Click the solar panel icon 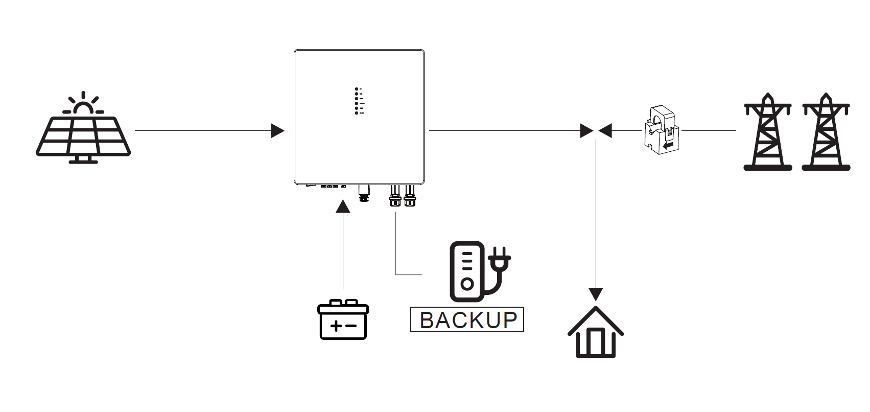coord(83,137)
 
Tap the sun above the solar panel coord(83,106)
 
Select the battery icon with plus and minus coord(343,320)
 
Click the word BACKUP coord(467,320)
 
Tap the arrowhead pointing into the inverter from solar coord(277,131)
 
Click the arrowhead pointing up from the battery coord(343,206)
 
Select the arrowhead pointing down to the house coord(596,294)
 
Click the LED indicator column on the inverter coord(357,101)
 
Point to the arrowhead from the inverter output coord(587,131)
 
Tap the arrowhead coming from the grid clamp coord(605,131)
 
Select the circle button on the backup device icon coord(466,283)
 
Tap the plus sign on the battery coord(335,326)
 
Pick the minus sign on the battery coord(350,326)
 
